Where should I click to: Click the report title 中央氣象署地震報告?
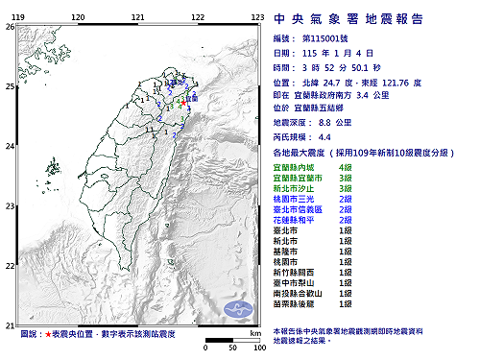click(x=369, y=17)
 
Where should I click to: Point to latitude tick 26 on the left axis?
click(x=9, y=28)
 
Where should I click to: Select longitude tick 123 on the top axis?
click(x=257, y=17)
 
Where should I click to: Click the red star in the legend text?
click(x=50, y=334)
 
